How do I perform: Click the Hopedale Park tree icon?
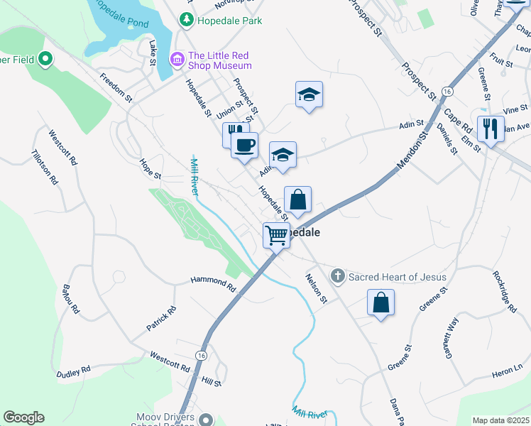click(187, 21)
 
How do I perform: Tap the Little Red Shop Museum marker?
click(176, 60)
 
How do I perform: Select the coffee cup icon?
click(245, 146)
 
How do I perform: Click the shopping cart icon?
click(276, 235)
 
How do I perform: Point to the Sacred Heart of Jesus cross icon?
click(338, 276)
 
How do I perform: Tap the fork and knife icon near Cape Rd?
click(490, 129)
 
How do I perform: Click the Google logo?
click(23, 417)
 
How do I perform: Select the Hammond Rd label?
click(212, 284)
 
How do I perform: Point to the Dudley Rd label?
click(74, 371)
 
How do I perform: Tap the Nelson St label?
click(316, 288)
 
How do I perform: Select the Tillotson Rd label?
click(44, 167)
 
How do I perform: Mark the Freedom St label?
click(116, 87)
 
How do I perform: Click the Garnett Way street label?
click(450, 335)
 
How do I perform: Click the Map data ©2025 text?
click(500, 420)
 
